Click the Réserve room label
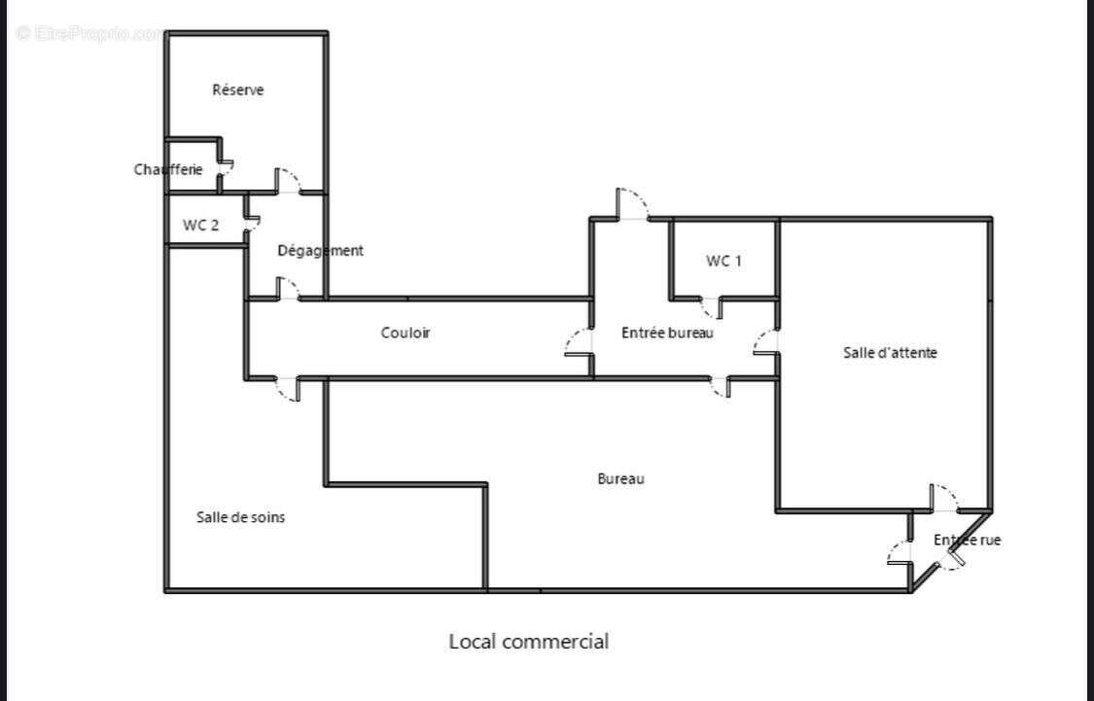(x=238, y=90)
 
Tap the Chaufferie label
(x=168, y=169)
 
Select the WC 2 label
(x=200, y=225)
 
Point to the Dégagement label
(x=320, y=251)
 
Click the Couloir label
(x=405, y=333)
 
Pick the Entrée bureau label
(x=667, y=333)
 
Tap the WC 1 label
(x=723, y=261)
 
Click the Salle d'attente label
(x=890, y=353)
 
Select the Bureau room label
(x=620, y=478)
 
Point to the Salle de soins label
(x=240, y=517)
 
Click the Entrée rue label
(x=967, y=540)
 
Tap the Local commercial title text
(x=528, y=642)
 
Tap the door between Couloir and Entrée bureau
(x=580, y=341)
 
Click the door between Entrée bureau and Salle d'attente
(x=767, y=342)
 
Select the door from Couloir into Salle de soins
(x=288, y=388)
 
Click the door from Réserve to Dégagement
(x=289, y=181)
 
